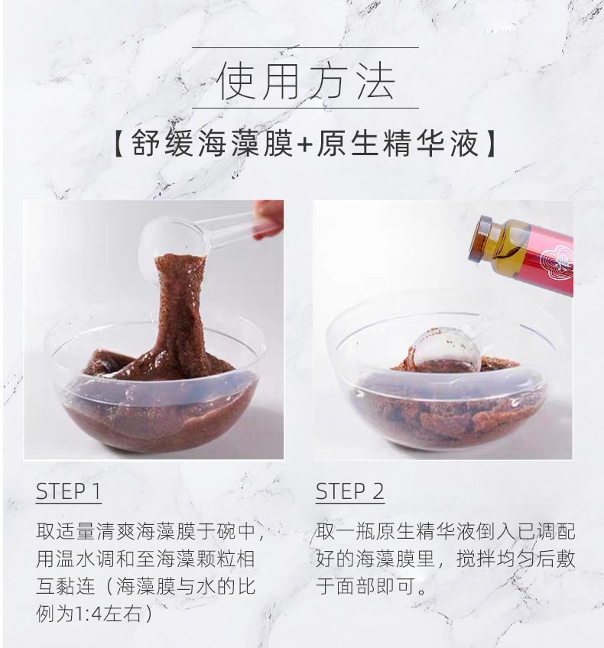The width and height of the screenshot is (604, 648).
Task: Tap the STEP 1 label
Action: coord(69,491)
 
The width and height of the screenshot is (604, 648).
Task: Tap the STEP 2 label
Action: coord(350,491)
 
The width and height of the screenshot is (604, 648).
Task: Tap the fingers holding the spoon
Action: coord(269,217)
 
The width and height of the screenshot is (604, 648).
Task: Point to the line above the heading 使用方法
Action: coord(305,47)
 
